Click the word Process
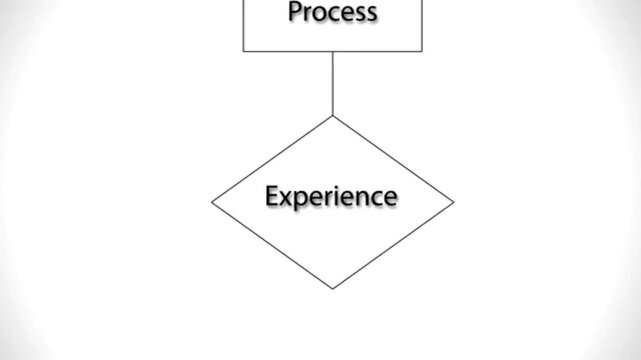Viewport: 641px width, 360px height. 332,13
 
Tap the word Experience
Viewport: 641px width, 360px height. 331,196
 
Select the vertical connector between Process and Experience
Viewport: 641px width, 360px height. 332,83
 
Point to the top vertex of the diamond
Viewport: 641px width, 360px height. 332,116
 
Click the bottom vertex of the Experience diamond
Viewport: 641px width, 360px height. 332,289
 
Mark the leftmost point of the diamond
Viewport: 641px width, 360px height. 212,202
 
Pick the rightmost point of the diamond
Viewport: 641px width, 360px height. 454,202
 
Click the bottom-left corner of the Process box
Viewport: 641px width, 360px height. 244,51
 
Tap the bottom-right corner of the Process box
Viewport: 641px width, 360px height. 422,51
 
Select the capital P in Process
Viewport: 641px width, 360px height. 295,13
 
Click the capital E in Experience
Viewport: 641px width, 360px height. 272,195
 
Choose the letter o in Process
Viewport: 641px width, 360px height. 318,14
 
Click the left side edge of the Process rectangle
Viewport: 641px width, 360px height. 244,25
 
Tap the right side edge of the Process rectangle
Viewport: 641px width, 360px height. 422,25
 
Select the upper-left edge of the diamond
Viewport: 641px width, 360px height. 272,159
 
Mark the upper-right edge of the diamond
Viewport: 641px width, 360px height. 393,159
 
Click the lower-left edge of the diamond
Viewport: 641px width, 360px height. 272,246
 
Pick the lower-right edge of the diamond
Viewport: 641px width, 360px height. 393,246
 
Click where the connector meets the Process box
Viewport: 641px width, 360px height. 332,51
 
